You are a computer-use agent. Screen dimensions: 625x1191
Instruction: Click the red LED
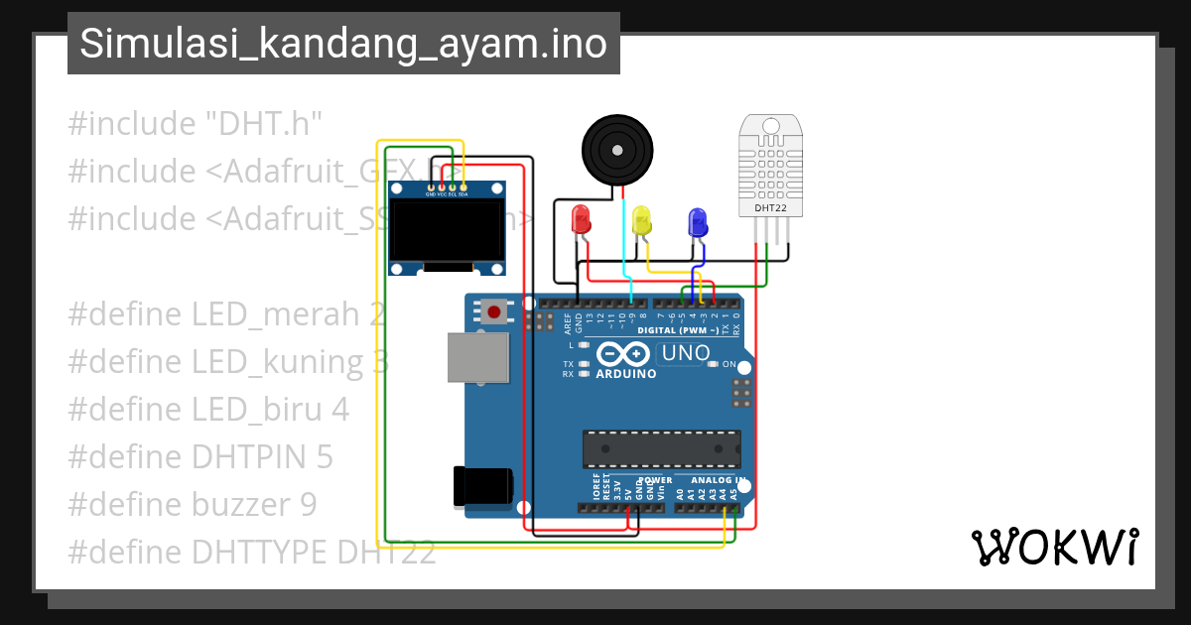pyautogui.click(x=581, y=219)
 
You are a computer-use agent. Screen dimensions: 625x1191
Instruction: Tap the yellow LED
pyautogui.click(x=642, y=220)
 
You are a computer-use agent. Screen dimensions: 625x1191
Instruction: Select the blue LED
pyautogui.click(x=698, y=221)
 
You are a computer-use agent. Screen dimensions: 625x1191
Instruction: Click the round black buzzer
pyautogui.click(x=616, y=150)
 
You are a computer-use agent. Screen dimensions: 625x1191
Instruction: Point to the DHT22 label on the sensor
pyautogui.click(x=771, y=209)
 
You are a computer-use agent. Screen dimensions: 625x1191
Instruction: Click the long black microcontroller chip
pyautogui.click(x=661, y=448)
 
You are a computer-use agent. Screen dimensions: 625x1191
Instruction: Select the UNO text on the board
pyautogui.click(x=686, y=353)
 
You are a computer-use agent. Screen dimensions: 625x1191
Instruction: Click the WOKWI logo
pyautogui.click(x=1054, y=547)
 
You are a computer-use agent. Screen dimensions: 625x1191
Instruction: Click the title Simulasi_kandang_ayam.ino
pyautogui.click(x=343, y=44)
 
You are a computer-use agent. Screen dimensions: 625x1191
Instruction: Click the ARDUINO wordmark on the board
pyautogui.click(x=626, y=374)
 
